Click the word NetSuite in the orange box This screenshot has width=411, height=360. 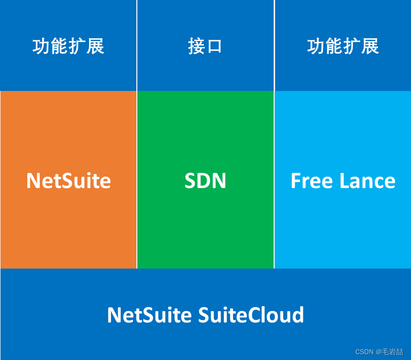pyautogui.click(x=68, y=181)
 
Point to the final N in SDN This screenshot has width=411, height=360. pyautogui.click(x=219, y=181)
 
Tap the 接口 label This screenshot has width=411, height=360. pyautogui.click(x=205, y=46)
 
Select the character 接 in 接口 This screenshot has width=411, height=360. pyautogui.click(x=196, y=47)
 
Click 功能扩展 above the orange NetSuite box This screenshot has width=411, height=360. pyautogui.click(x=68, y=46)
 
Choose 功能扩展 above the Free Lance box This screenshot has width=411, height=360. pyautogui.click(x=343, y=46)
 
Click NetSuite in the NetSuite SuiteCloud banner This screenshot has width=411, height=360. pyautogui.click(x=149, y=315)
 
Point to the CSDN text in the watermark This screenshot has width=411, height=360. pyautogui.click(x=365, y=352)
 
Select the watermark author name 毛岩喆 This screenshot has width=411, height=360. pyautogui.click(x=393, y=352)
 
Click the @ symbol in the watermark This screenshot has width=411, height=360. pyautogui.click(x=378, y=352)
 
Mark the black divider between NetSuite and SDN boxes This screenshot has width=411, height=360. pyautogui.click(x=137, y=180)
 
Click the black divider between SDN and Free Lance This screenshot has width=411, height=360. pyautogui.click(x=274, y=180)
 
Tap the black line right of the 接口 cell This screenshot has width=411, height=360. pyautogui.click(x=274, y=45)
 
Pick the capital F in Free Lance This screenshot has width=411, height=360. pyautogui.click(x=295, y=181)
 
